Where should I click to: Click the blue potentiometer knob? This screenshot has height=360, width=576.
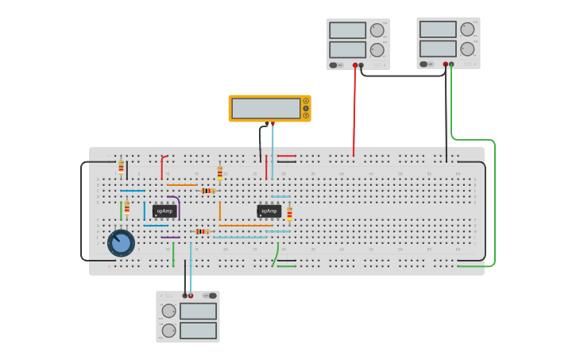click(x=121, y=242)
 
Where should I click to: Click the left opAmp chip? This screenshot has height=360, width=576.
click(x=164, y=211)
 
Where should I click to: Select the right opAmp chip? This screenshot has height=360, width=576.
click(x=269, y=211)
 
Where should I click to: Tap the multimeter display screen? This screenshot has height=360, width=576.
click(x=265, y=108)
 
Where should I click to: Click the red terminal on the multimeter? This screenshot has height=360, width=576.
click(x=273, y=123)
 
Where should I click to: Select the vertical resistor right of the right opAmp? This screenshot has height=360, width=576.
click(x=289, y=213)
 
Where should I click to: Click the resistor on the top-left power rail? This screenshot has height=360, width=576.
click(x=121, y=166)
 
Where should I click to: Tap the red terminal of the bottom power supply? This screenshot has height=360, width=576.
click(x=191, y=296)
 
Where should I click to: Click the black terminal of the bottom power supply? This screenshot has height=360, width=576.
click(x=184, y=296)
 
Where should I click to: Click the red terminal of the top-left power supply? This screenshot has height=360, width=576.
click(x=355, y=65)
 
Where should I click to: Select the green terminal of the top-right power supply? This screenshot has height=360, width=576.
click(x=451, y=64)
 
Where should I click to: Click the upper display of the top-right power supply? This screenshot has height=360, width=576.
click(x=438, y=29)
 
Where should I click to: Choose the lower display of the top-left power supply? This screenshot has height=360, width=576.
click(x=347, y=49)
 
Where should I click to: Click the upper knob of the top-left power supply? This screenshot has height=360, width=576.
click(x=377, y=30)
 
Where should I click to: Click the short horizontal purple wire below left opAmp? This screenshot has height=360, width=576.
click(x=170, y=237)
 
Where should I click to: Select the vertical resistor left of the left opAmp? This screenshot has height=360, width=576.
click(x=126, y=208)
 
